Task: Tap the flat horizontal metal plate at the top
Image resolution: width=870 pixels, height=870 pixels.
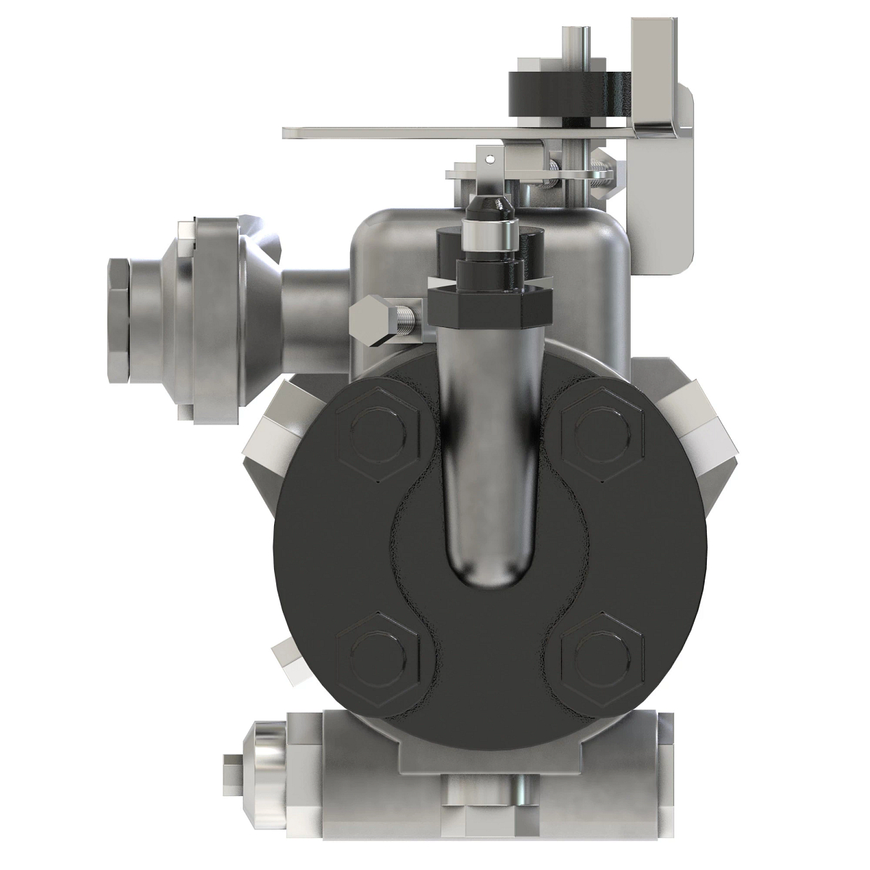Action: [x=435, y=131]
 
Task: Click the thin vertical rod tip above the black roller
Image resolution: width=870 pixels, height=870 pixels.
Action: [x=574, y=36]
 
